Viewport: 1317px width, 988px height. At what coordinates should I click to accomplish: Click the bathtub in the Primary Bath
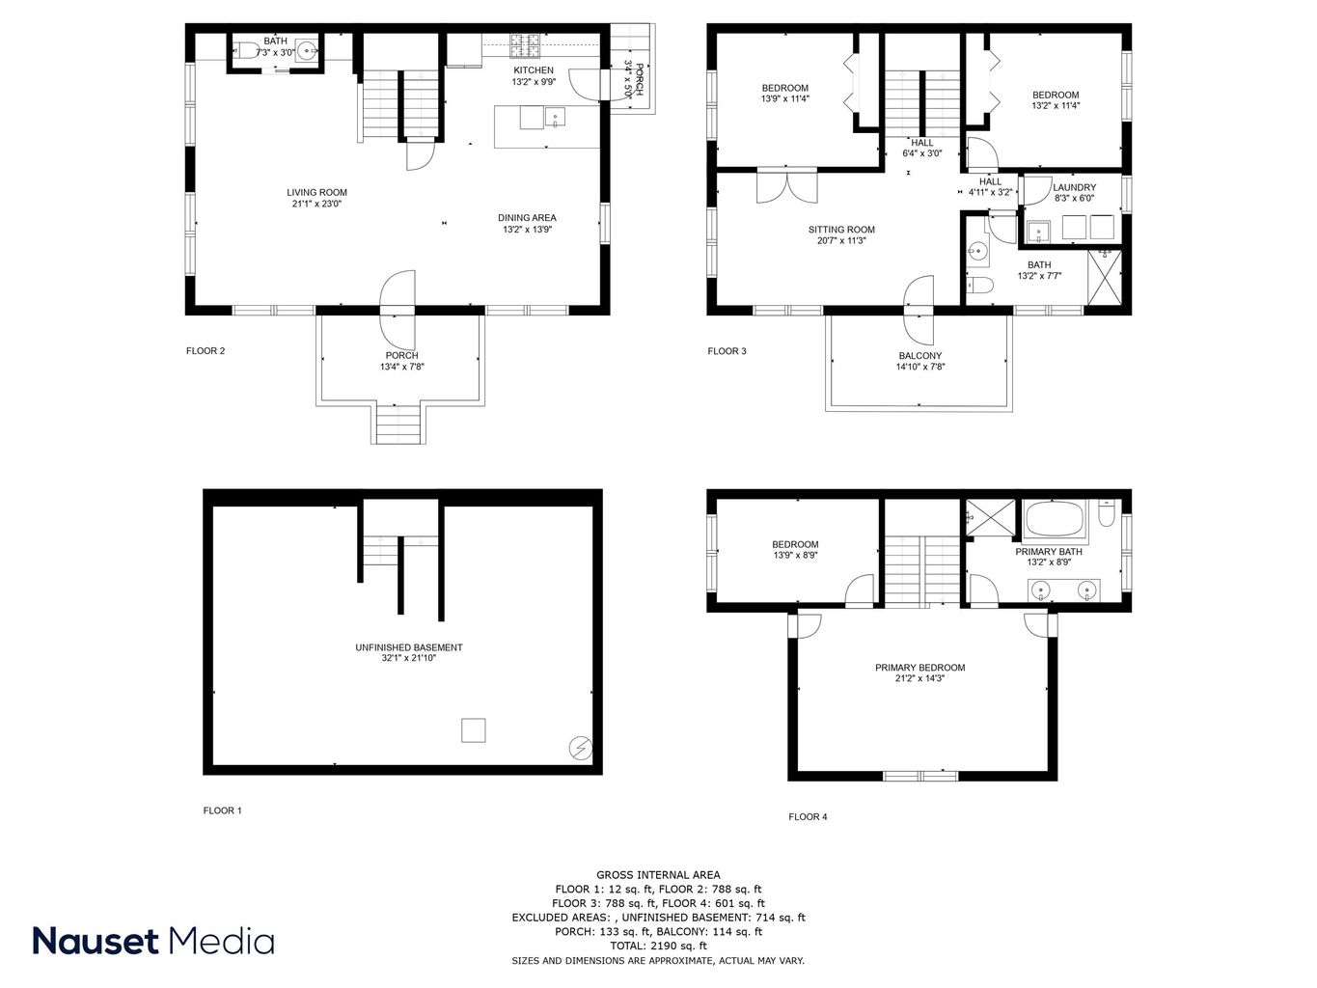click(x=1055, y=522)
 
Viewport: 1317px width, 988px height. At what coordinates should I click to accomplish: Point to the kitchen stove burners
click(x=526, y=42)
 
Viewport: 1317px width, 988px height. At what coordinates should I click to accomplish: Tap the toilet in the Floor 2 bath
click(x=246, y=52)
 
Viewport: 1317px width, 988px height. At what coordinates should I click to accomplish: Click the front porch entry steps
click(x=398, y=424)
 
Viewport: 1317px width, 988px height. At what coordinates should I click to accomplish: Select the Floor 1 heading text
click(x=222, y=810)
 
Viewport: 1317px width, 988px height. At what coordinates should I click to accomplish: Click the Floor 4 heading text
click(x=808, y=817)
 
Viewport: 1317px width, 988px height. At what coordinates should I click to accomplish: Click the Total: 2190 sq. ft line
click(x=657, y=947)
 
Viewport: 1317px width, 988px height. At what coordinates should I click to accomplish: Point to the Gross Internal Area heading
click(x=657, y=875)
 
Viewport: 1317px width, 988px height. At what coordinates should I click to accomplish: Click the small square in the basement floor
click(x=473, y=730)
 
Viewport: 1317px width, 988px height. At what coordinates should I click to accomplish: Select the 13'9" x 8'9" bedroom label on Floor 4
click(x=795, y=550)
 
